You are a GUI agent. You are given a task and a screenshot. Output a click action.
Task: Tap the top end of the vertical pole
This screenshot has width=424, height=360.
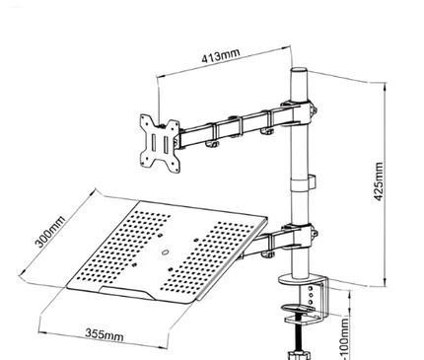[x=299, y=74]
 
